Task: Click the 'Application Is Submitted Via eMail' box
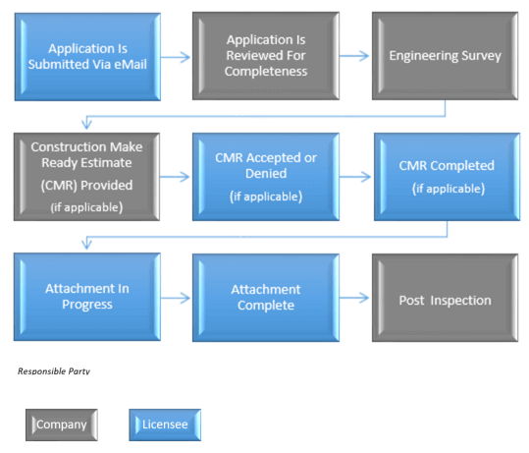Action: (x=87, y=57)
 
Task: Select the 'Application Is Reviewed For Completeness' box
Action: (x=266, y=56)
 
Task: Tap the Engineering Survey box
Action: (x=445, y=56)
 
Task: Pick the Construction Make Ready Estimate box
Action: (x=86, y=177)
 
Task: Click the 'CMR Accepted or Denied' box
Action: (x=266, y=177)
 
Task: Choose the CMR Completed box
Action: (x=447, y=177)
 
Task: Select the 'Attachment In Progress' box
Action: (x=87, y=297)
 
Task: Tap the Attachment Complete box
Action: (x=266, y=298)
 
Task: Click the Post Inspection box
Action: (x=445, y=298)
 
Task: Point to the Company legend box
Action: (x=62, y=425)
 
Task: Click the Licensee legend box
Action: (x=165, y=425)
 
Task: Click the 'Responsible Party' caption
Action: (x=54, y=371)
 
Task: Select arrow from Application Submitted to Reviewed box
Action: (x=176, y=57)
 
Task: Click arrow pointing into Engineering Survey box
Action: (x=354, y=56)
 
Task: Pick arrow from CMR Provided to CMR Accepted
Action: (x=175, y=176)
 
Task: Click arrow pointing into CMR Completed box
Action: (x=355, y=176)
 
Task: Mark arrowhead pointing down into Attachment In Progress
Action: (x=86, y=244)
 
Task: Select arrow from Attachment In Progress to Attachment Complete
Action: (x=176, y=298)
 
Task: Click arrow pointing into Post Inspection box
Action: (x=354, y=298)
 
